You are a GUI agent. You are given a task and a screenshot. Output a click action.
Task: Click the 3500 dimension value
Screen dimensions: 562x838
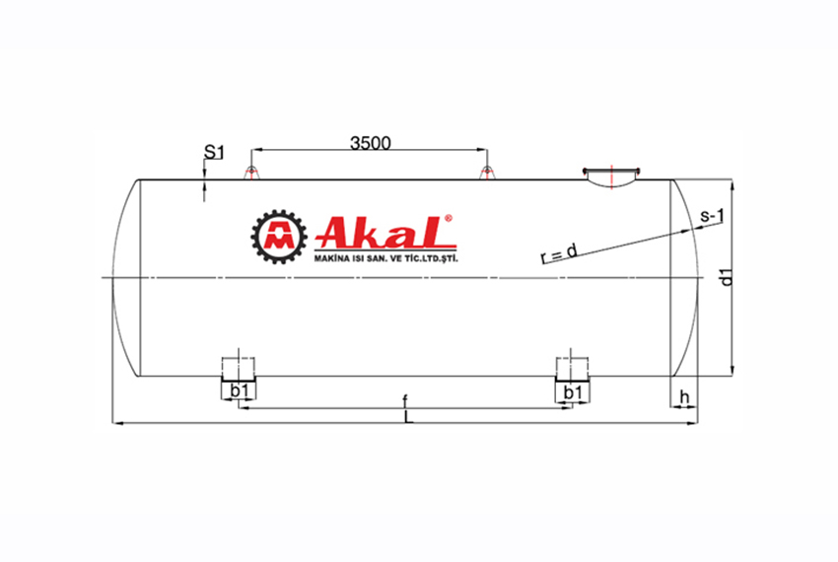click(371, 142)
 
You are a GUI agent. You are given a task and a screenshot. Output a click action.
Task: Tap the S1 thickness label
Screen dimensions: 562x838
click(214, 152)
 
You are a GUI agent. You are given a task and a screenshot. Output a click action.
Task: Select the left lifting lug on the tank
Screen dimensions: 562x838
click(250, 174)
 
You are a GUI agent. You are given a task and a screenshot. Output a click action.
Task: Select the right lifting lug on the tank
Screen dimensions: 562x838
click(485, 174)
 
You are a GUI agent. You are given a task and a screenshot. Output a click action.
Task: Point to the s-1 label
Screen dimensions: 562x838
click(712, 216)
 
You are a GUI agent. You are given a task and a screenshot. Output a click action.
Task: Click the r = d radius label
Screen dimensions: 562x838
click(559, 254)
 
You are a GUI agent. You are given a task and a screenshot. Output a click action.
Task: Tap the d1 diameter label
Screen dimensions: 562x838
click(726, 278)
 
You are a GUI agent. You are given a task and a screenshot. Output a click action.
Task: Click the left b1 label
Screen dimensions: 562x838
click(238, 392)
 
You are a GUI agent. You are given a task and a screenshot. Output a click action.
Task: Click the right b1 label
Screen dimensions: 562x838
click(572, 392)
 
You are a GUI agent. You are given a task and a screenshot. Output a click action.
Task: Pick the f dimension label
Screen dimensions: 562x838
click(404, 400)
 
